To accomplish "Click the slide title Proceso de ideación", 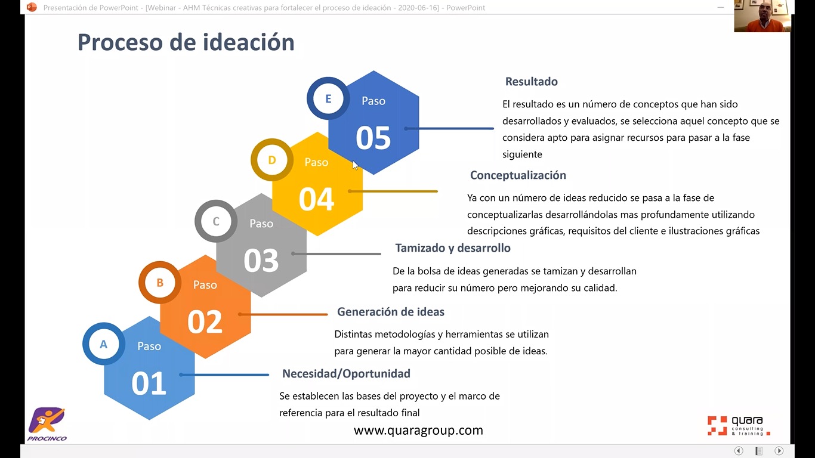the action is tap(186, 42).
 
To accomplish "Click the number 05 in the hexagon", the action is tap(373, 138).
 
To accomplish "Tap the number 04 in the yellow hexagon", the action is tap(317, 199).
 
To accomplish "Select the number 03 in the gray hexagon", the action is tap(261, 261).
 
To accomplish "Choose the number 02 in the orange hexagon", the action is tap(205, 322).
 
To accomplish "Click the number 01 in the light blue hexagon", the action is tap(149, 383).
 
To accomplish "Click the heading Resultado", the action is tap(531, 82).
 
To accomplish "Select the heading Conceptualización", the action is tap(518, 175).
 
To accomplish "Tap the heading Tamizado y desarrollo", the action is tap(453, 248).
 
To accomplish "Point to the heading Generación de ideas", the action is tap(391, 312).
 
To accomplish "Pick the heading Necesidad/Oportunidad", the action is tap(347, 373).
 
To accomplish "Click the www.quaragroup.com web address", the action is tap(418, 431).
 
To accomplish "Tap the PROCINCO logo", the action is tap(47, 424).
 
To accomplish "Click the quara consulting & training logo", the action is tap(739, 426).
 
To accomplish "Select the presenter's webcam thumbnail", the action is tap(762, 16).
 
